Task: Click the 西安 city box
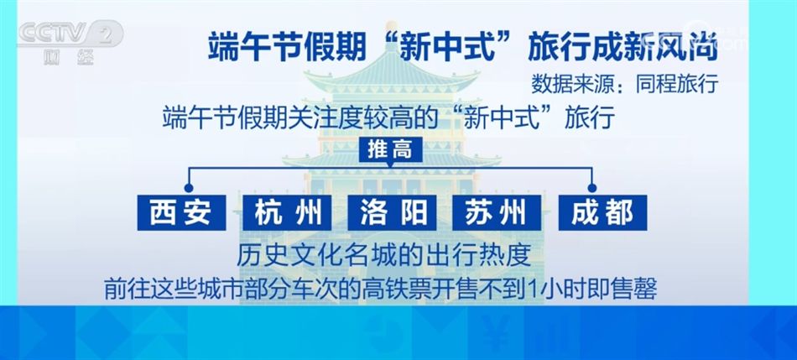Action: [x=182, y=213]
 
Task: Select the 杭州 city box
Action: [x=288, y=213]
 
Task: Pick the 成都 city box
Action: [x=602, y=213]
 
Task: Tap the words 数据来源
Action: [x=566, y=84]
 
